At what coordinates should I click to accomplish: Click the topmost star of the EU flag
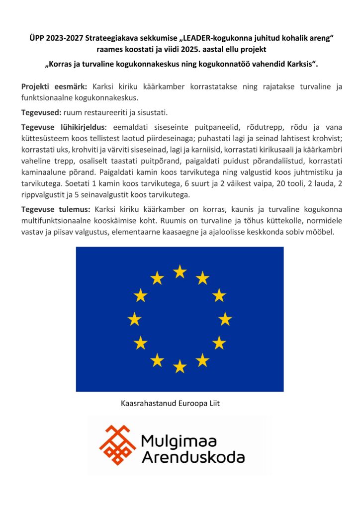tap(180, 271)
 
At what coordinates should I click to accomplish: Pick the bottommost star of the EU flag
tap(180, 366)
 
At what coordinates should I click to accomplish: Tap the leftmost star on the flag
tap(134, 319)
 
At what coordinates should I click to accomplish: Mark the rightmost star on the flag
tap(225, 319)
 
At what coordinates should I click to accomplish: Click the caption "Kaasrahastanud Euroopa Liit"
tap(170, 403)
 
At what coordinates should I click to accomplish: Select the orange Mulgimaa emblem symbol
tap(118, 444)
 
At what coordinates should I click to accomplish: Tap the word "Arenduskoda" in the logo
tap(193, 457)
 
